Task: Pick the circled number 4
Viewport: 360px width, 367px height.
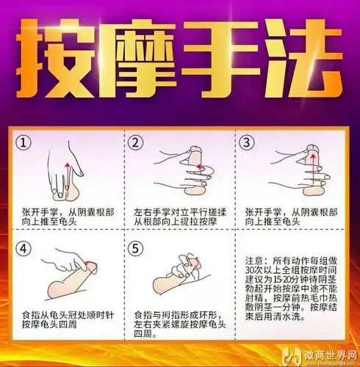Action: (26, 248)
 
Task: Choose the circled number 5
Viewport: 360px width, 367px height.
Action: (135, 248)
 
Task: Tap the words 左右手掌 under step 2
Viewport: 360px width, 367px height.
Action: (148, 210)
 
